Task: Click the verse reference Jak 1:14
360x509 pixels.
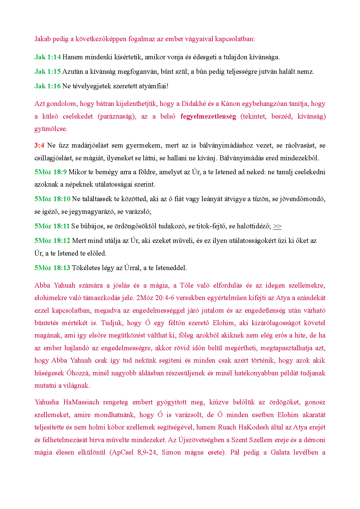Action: [47, 57]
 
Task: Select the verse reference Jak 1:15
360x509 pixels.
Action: [47, 71]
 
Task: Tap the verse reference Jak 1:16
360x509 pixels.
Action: [47, 86]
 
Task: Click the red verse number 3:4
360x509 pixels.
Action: [39, 145]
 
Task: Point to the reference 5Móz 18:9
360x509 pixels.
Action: [51, 172]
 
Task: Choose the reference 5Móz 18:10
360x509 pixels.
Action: [52, 199]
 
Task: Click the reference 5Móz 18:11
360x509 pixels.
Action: [52, 226]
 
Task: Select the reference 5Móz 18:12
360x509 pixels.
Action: [52, 240]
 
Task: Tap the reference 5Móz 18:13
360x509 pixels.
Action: [52, 268]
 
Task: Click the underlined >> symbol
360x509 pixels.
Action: [277, 226]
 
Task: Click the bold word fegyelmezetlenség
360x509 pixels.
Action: [208, 116]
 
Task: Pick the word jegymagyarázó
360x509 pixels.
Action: [91, 211]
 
